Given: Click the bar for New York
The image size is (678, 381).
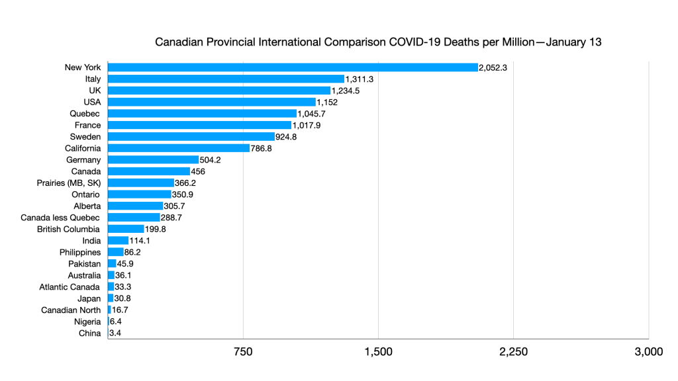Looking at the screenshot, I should coord(292,67).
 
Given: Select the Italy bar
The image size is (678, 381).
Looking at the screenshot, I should coord(226,79).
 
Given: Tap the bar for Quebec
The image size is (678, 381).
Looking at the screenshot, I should coord(202,114).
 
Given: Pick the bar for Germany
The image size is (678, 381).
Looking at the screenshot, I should coord(153,160).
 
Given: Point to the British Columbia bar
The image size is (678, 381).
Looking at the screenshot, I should coord(126,229).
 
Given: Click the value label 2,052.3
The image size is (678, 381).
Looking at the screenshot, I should coord(493,67).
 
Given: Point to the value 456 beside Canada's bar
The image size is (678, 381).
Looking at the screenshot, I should coord(198,171).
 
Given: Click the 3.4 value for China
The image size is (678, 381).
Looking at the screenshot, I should coord(115,333).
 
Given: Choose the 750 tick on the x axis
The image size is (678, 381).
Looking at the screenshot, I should coord(243,352).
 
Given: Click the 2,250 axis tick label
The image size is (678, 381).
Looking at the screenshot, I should coord(513,352).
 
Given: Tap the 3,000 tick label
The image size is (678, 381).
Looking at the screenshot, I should coord(648,352).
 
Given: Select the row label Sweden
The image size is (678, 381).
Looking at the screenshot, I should coord(85,137).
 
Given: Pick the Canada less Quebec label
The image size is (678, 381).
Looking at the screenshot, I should coord(61,218).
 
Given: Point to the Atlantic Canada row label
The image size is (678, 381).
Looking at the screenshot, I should coord(70,287).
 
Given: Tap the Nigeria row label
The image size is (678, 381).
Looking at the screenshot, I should coord(87,321).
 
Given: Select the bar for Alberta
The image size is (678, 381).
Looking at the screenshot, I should coord(135,206).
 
